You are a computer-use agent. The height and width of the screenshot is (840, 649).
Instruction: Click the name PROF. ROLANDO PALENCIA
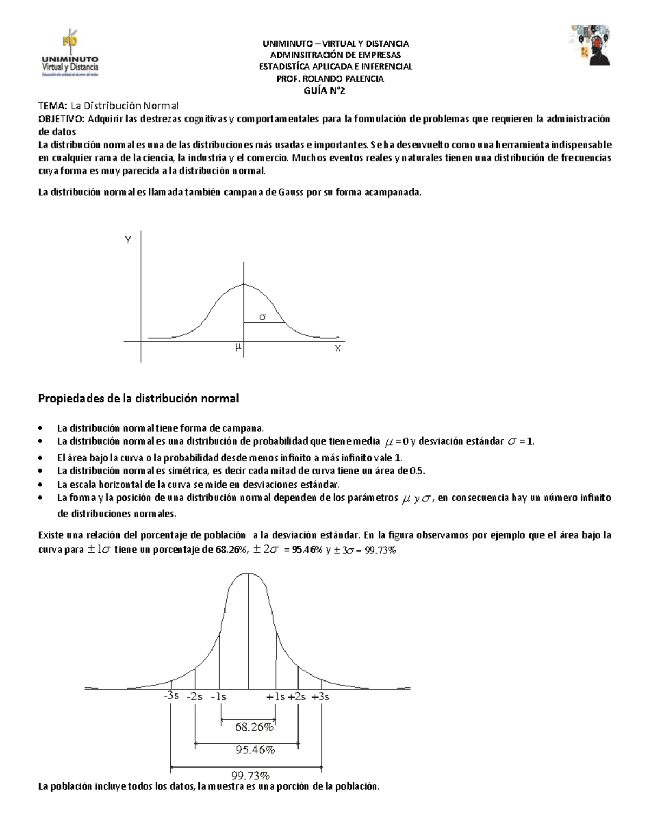330,78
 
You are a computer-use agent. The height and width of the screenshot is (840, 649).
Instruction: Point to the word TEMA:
52,105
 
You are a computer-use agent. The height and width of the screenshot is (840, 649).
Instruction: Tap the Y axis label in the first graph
128,240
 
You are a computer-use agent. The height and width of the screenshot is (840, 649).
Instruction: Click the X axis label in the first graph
337,349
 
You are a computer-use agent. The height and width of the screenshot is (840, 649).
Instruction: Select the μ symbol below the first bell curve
238,347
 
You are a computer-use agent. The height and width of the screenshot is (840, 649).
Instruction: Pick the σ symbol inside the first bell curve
262,318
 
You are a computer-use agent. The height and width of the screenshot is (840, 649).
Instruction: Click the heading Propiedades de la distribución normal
138,399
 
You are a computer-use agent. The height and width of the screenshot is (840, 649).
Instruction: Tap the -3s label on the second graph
171,696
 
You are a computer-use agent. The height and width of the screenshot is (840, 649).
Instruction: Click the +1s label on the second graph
275,697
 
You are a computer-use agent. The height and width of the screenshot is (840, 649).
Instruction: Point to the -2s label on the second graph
195,697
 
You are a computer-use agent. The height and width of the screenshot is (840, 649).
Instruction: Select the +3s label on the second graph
321,697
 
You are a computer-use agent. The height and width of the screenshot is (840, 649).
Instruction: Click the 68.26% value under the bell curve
254,727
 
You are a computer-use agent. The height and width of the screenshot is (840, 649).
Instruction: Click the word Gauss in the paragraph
292,192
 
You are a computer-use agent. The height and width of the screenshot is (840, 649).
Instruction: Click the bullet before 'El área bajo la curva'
41,457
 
